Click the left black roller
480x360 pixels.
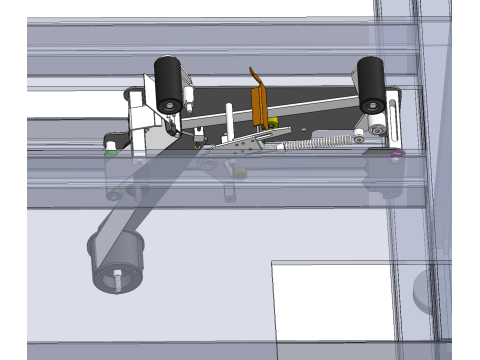coord(167,80)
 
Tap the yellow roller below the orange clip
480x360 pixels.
coord(271,123)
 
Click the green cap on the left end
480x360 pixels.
coord(109,152)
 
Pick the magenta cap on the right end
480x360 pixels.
coord(396,156)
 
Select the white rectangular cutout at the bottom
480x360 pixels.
coord(335,301)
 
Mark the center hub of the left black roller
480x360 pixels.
coord(170,102)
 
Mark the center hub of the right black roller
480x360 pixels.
coord(373,102)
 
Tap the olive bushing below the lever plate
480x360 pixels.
coord(240,171)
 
